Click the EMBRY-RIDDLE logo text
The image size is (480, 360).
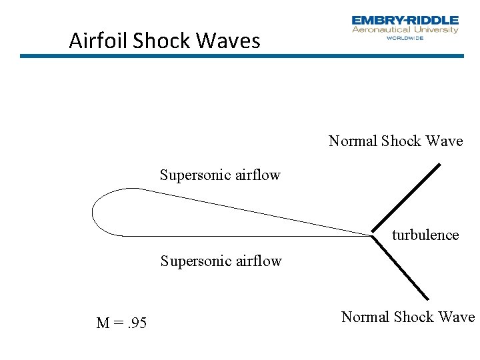tap(405, 21)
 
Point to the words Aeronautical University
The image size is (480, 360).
tap(405, 30)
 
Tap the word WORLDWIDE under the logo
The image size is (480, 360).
tap(405, 38)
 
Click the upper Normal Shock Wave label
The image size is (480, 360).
tap(395, 141)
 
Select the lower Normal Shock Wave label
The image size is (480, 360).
tap(407, 317)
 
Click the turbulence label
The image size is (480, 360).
tap(425, 235)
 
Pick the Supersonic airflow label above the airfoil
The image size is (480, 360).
tap(220, 175)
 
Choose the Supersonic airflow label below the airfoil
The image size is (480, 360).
tap(221, 261)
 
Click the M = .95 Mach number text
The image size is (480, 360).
tap(121, 323)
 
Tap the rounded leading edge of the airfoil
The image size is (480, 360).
tap(93, 212)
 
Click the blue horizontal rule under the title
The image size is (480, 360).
tap(241, 56)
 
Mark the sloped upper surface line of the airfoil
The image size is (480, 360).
tap(253, 210)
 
